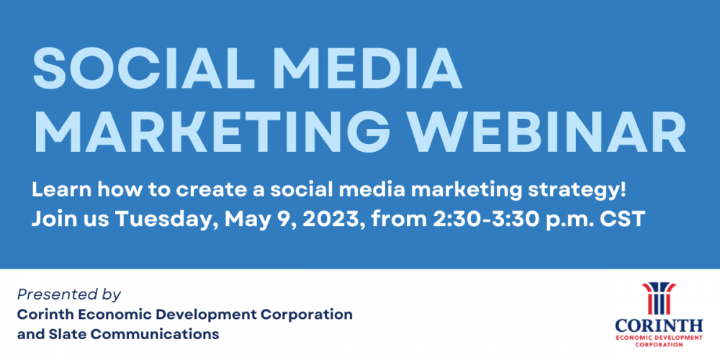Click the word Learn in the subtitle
58,191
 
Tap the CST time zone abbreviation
624,218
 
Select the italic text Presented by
68,294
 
